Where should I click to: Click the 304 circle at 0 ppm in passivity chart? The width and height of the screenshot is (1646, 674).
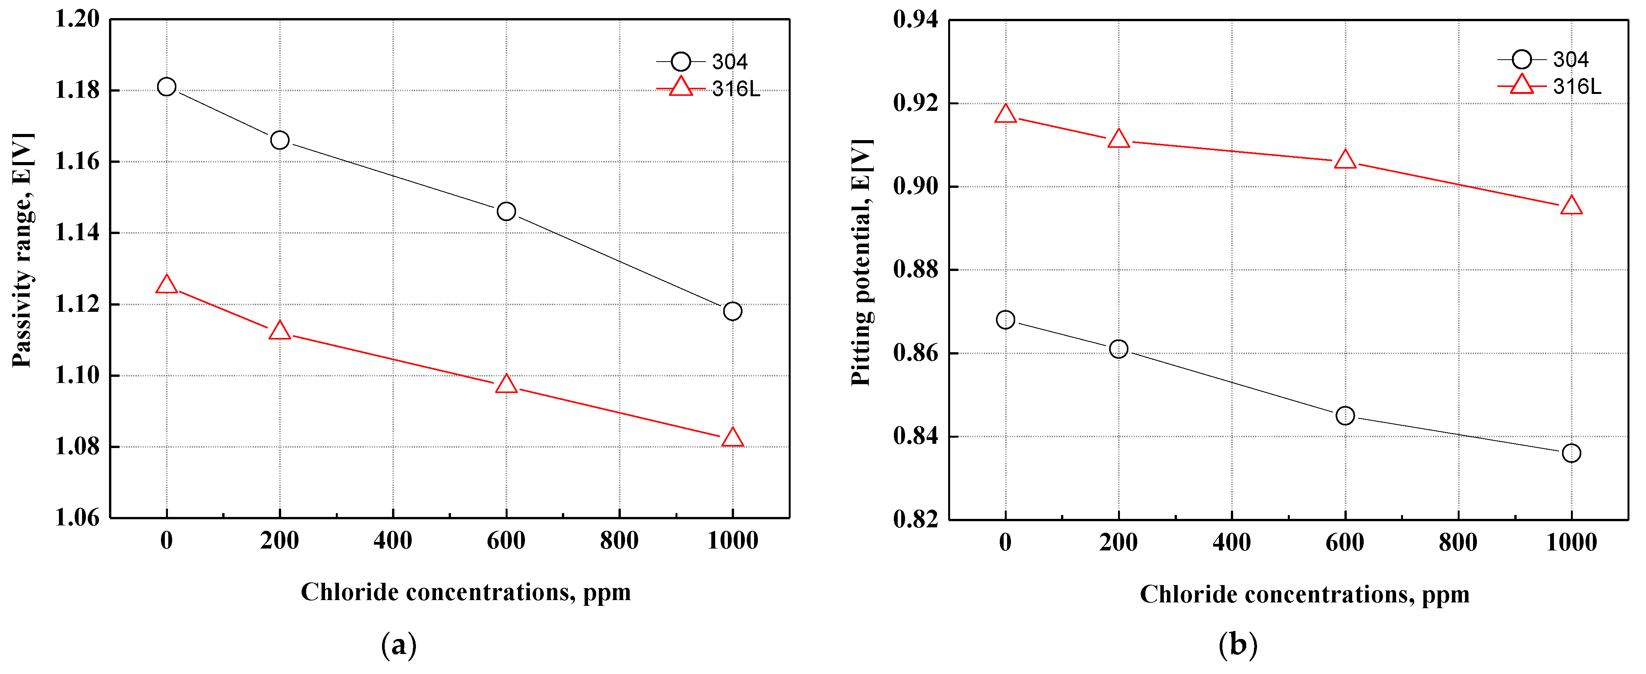click(167, 86)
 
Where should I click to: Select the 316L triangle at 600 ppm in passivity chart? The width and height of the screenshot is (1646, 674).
click(506, 384)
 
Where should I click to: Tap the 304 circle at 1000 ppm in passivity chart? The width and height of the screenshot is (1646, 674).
click(732, 311)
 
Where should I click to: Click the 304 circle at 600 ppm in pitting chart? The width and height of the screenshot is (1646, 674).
click(1345, 415)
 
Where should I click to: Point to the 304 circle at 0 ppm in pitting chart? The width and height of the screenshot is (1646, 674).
click(1005, 319)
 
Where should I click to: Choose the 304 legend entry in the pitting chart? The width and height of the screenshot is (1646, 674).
click(1549, 59)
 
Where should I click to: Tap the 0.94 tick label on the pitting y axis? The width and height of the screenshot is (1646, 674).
click(916, 20)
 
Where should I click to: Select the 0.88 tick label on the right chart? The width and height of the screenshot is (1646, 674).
click(916, 269)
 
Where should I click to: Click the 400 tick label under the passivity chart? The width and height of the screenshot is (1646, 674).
click(393, 541)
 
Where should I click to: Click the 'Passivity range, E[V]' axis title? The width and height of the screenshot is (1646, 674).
click(22, 251)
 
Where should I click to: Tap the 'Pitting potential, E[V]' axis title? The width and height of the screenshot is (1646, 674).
click(862, 262)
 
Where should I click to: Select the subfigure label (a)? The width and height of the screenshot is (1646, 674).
click(399, 645)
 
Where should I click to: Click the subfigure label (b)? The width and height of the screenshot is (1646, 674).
click(1238, 645)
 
